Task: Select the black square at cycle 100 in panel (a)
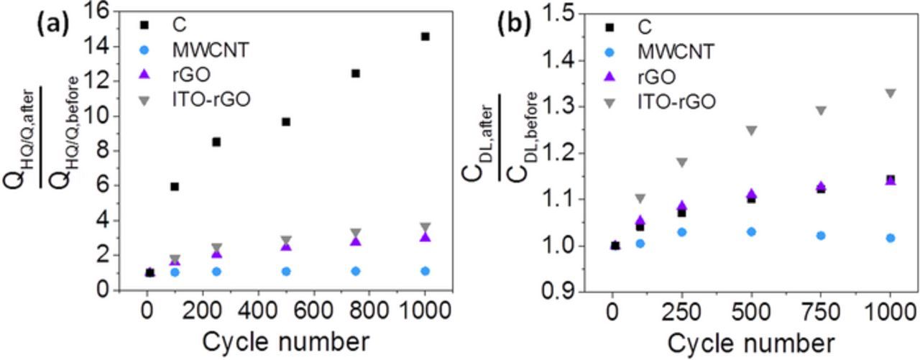pos(175,187)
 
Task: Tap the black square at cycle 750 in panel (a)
pos(355,73)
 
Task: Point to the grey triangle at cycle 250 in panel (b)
pos(681,162)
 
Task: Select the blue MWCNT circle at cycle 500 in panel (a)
pos(286,271)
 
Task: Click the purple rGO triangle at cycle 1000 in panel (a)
pos(425,237)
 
